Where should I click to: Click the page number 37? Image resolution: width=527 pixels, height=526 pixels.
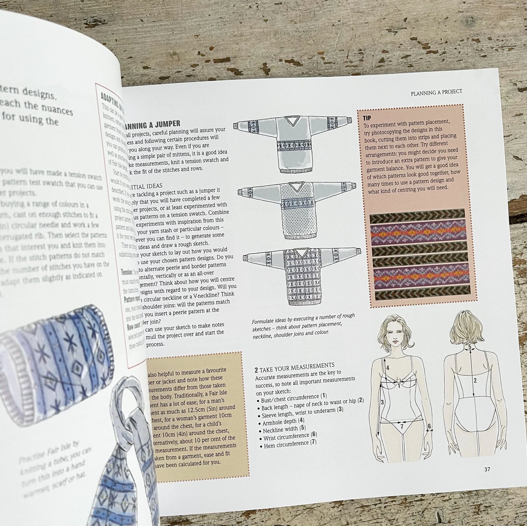[487, 469]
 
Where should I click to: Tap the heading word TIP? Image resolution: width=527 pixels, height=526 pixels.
[367, 118]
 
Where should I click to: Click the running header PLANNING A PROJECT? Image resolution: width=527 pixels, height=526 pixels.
[436, 92]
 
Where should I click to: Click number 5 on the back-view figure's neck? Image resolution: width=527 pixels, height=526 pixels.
[470, 347]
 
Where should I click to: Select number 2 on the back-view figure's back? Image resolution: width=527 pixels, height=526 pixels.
[475, 380]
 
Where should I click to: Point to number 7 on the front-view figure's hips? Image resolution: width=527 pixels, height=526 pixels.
[402, 426]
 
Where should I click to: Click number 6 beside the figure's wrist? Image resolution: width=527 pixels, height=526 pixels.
[429, 426]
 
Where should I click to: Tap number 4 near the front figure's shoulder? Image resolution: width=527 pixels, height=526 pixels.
[388, 368]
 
